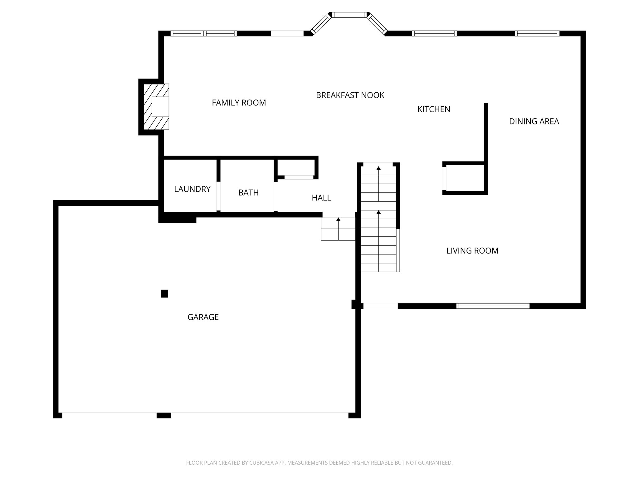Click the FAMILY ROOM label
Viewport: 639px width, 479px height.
pos(239,103)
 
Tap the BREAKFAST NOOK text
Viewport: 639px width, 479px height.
pos(350,95)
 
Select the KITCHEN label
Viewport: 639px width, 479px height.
pos(434,109)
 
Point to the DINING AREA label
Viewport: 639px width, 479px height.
pos(534,121)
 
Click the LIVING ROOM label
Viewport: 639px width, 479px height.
pos(472,251)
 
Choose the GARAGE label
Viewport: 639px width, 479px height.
pos(203,317)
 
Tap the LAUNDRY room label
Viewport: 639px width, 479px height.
pos(192,189)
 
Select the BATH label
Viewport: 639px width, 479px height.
pos(248,193)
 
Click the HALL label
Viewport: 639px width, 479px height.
pos(321,198)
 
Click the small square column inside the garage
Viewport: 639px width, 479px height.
pos(164,293)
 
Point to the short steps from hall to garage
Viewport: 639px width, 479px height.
pos(338,229)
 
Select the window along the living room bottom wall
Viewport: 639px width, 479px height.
pos(493,306)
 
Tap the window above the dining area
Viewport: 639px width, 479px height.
pos(537,33)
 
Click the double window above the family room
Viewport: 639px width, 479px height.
pos(203,33)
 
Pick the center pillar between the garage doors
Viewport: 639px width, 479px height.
pos(164,415)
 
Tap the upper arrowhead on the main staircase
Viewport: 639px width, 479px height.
pos(378,168)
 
